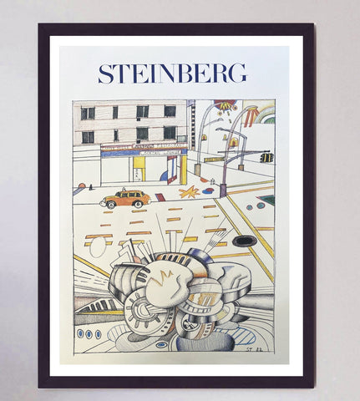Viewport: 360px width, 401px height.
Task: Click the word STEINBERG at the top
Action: point(172,74)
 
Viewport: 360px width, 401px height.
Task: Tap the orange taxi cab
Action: point(125,199)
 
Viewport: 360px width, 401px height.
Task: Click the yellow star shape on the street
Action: point(188,193)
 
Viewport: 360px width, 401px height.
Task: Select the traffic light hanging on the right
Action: point(266,157)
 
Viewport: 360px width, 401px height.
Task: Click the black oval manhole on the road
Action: point(244,241)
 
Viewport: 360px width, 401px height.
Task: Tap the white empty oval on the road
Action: point(97,248)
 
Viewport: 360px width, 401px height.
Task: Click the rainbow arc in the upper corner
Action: point(266,114)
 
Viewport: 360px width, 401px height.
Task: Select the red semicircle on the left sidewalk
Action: point(82,185)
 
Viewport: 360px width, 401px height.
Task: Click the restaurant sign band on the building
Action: point(143,149)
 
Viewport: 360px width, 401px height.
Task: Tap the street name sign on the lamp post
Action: point(213,159)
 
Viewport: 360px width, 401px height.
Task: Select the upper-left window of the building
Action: point(88,113)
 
